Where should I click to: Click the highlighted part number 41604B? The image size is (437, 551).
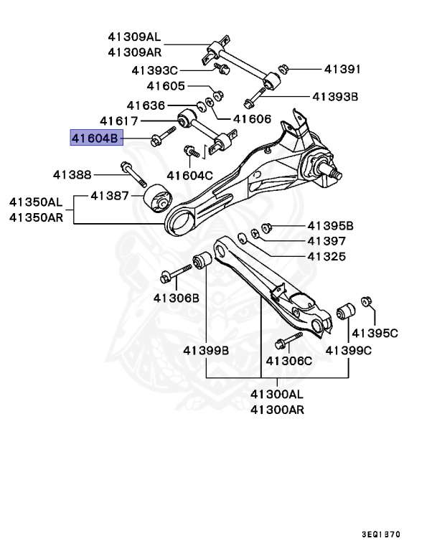[x=96, y=138]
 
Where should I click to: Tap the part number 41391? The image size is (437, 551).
[x=342, y=70]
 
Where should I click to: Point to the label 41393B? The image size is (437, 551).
[x=334, y=95]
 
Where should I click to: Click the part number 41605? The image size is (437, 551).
[x=166, y=86]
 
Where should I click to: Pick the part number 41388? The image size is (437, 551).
[x=72, y=174]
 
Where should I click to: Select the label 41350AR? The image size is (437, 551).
[x=36, y=216]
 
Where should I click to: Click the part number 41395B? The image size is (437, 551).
[x=331, y=225]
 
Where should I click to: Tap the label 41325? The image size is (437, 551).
[x=326, y=256]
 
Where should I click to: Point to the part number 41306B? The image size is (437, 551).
[x=176, y=297]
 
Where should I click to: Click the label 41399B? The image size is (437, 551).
[x=205, y=350]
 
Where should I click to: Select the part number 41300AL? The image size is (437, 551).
[x=277, y=395]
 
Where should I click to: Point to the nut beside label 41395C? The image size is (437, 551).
[x=367, y=302]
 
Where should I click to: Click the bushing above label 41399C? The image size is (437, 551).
[x=346, y=313]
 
